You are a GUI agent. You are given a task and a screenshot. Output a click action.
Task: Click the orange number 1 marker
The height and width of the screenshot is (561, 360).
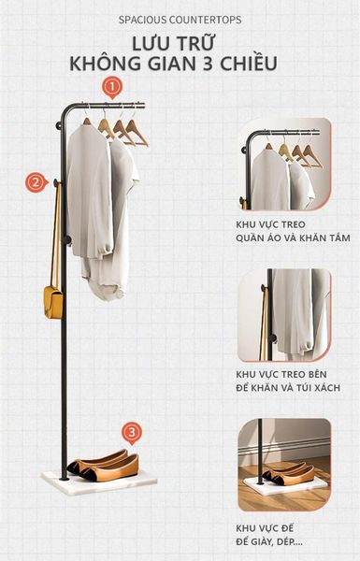coord(112,88)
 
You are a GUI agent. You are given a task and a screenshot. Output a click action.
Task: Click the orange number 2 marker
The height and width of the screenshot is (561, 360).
coord(36,182)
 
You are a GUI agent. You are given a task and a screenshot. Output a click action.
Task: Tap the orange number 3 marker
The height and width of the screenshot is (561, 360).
coord(133,432)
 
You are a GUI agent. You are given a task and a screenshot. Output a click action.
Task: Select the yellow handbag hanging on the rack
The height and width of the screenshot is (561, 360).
coord(52,300)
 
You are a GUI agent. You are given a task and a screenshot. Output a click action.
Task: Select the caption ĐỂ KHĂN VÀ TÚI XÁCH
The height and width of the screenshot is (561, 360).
coord(288,386)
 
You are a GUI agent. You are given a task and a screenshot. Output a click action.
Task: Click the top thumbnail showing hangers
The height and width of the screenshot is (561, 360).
coord(283,165)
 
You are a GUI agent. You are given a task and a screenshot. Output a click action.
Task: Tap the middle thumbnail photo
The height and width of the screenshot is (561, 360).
coord(283,315)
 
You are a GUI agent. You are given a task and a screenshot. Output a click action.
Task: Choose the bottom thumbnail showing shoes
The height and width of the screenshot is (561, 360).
coord(283,465)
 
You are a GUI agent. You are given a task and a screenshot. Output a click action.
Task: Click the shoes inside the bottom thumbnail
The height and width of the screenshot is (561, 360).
coord(284,472)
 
